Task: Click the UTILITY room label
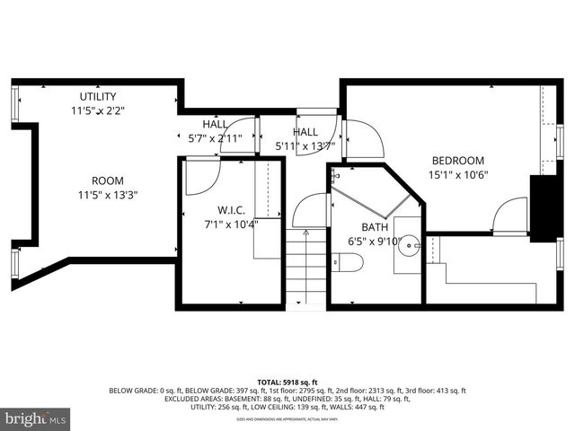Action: (97, 97)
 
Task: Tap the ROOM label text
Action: (107, 180)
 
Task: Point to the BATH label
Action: (374, 228)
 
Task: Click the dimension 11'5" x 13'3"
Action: (107, 194)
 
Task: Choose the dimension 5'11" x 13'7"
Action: (305, 145)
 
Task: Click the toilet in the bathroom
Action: (348, 262)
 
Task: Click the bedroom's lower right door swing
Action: (511, 217)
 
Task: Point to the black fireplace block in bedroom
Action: (542, 207)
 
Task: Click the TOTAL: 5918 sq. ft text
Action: (287, 381)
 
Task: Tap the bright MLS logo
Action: (36, 418)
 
